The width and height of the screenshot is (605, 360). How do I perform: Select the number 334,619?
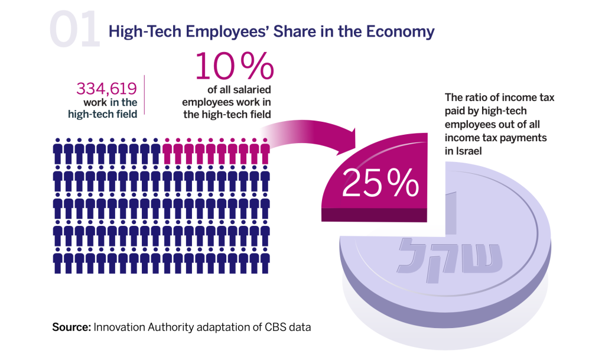[x=107, y=89]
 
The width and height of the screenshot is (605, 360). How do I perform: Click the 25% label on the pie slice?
[x=379, y=184]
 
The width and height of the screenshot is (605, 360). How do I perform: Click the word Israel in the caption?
[x=458, y=151]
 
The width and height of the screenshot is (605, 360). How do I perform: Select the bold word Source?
[x=71, y=326]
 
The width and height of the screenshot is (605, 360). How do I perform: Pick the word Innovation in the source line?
[x=121, y=326]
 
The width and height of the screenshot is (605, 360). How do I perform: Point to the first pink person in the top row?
[x=167, y=151]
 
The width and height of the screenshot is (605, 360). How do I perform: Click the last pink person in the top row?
[x=265, y=151]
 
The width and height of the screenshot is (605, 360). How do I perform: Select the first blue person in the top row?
[x=58, y=151]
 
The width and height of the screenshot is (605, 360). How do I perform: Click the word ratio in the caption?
[x=474, y=98]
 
